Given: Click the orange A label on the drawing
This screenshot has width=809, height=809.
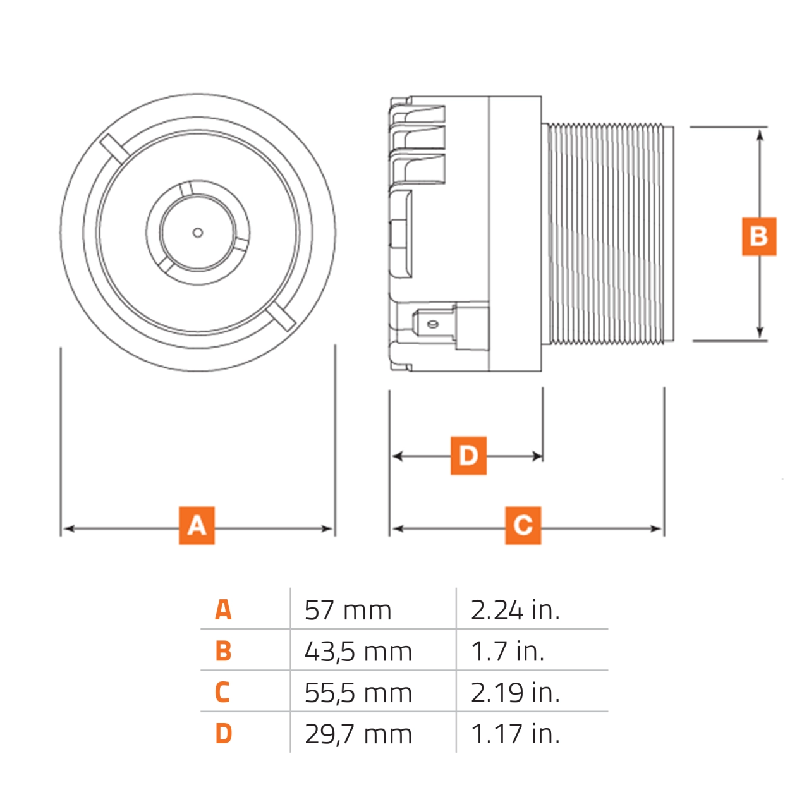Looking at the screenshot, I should [197, 525].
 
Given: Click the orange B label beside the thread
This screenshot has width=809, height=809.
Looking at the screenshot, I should [758, 236].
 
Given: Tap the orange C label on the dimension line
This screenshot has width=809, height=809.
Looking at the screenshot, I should [523, 525].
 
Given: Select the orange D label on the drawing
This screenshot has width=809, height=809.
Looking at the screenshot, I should [468, 455].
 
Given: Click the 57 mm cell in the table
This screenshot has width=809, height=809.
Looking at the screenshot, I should [348, 611].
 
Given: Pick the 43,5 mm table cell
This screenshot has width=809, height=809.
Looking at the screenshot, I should [358, 652].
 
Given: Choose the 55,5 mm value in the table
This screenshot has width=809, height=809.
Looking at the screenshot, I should [358, 693].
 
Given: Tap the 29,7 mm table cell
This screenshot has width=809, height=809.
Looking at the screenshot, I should [358, 734].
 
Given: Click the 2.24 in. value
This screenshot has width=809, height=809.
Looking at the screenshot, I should [515, 611].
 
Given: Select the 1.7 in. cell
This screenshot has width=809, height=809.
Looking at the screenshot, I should [508, 652].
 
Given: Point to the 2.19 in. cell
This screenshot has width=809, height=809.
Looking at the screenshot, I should [515, 693].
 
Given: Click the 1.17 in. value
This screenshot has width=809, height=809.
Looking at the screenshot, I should [515, 734].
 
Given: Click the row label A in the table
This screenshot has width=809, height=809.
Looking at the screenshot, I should [223, 611].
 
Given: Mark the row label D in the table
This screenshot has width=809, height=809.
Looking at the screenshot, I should [223, 734].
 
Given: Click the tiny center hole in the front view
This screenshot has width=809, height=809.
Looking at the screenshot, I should [198, 233].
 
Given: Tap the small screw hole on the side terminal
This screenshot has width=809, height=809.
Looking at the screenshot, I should [432, 324].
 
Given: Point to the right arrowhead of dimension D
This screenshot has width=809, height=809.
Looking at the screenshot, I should [538, 456].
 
